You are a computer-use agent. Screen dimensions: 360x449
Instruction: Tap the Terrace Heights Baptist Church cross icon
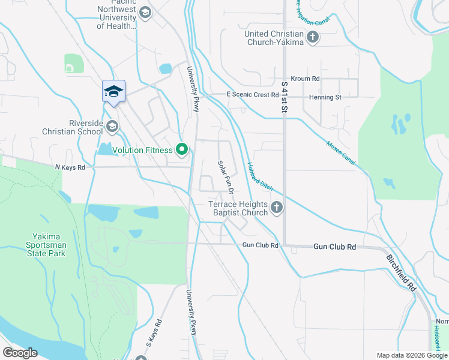(276, 208)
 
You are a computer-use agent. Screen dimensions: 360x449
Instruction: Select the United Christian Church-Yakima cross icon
(312, 38)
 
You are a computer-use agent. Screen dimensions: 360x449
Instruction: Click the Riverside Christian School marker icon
(112, 127)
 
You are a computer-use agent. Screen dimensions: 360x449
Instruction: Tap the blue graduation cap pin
(113, 92)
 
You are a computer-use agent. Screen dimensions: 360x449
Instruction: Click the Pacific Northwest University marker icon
(145, 12)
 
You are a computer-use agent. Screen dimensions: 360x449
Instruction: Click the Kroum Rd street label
(305, 79)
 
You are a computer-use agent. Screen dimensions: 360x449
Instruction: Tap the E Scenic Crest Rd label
(252, 95)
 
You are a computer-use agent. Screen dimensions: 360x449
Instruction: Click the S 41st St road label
(285, 98)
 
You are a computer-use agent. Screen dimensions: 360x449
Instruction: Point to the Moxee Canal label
(342, 154)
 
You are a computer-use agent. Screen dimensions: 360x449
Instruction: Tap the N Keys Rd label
(70, 167)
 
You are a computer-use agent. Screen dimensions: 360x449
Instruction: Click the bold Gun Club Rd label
(335, 247)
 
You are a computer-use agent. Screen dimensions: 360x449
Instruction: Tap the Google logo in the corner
(20, 353)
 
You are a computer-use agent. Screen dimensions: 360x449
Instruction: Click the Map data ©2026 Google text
(411, 355)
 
